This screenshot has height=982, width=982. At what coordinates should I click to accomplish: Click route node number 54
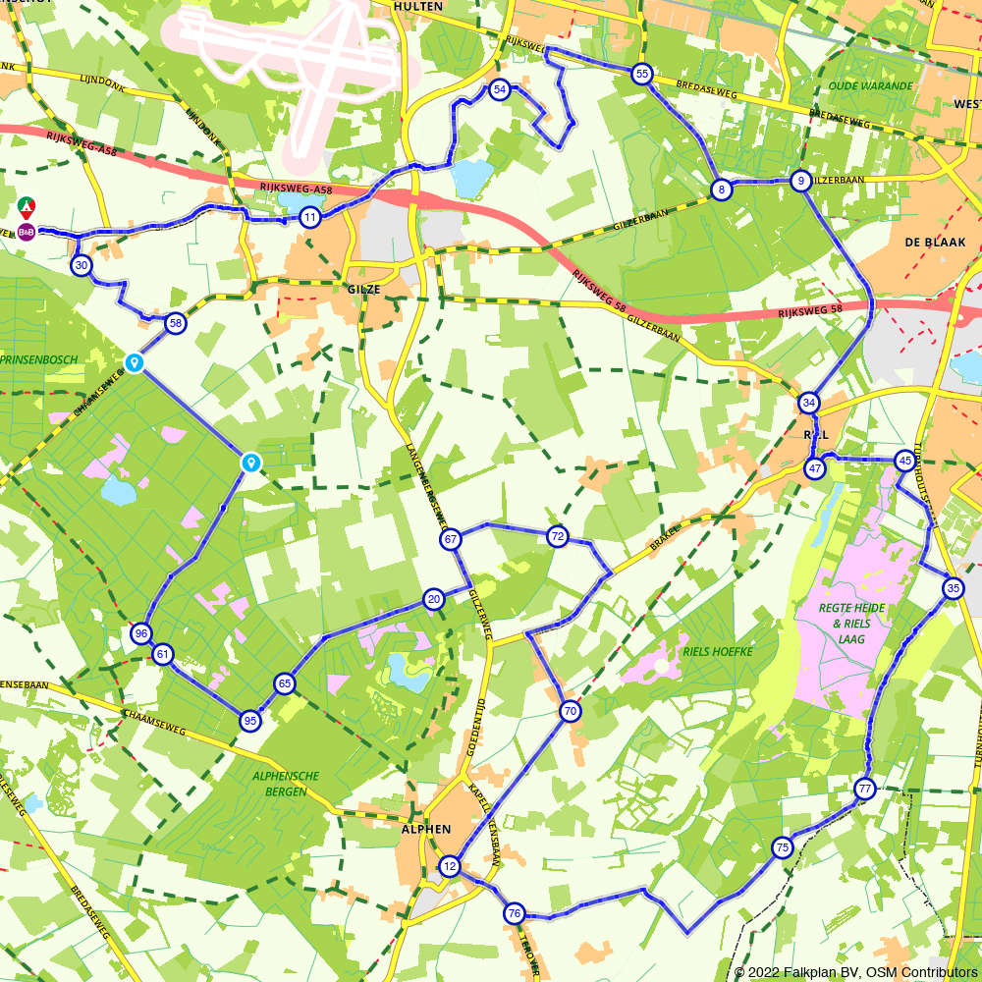pos(500,89)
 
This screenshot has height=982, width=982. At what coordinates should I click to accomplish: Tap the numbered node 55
pos(642,74)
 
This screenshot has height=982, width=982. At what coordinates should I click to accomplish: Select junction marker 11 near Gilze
pos(310,218)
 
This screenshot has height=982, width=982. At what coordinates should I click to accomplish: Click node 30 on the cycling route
pos(82,265)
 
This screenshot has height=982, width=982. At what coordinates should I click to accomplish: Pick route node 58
pos(175,323)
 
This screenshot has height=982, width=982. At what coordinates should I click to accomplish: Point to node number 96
pos(141,633)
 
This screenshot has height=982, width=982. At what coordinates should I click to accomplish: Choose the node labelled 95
pos(250,721)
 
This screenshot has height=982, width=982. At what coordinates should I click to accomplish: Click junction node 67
pos(451,539)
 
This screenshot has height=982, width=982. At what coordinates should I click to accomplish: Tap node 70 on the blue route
pos(571,711)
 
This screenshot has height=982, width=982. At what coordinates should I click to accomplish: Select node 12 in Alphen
pos(450,866)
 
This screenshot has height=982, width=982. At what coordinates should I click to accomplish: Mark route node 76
pos(515,914)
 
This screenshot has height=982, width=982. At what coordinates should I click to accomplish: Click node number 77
pos(864,789)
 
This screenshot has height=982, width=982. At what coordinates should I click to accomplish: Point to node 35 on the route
pos(953,588)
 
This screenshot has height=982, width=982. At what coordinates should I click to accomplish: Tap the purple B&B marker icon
pos(27,232)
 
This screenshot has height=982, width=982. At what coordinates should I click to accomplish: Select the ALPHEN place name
pos(425,829)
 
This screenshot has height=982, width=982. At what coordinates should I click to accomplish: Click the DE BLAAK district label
pos(935,242)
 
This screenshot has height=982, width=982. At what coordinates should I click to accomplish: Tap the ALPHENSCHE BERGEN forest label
pos(287,783)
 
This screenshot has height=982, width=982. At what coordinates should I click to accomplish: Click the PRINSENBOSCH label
pos(39,360)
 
